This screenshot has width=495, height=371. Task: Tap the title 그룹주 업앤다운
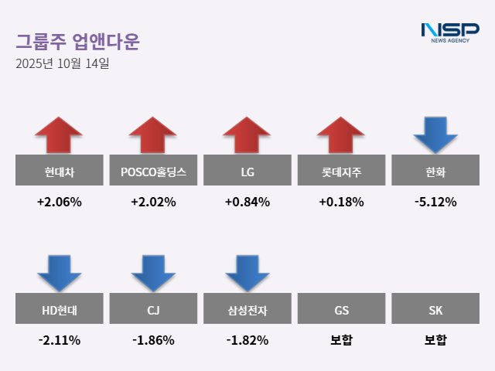click(77, 41)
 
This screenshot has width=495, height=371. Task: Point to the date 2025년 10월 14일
click(63, 63)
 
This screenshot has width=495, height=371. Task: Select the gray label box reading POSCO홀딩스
click(153, 170)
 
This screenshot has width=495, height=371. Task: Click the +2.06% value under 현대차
click(59, 203)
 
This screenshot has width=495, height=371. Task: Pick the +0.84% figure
click(247, 203)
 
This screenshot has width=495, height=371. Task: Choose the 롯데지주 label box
click(341, 170)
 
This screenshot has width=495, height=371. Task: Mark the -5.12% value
click(435, 203)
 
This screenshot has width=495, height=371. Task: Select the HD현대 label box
click(59, 311)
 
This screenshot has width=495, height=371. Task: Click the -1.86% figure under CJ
click(153, 340)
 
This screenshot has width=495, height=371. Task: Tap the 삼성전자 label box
click(247, 311)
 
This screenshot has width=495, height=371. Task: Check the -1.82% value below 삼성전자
click(247, 340)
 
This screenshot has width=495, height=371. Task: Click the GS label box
click(341, 311)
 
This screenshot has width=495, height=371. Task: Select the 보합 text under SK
click(435, 340)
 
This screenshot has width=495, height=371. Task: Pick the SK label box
click(435, 311)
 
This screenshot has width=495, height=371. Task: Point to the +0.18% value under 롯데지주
click(341, 203)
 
